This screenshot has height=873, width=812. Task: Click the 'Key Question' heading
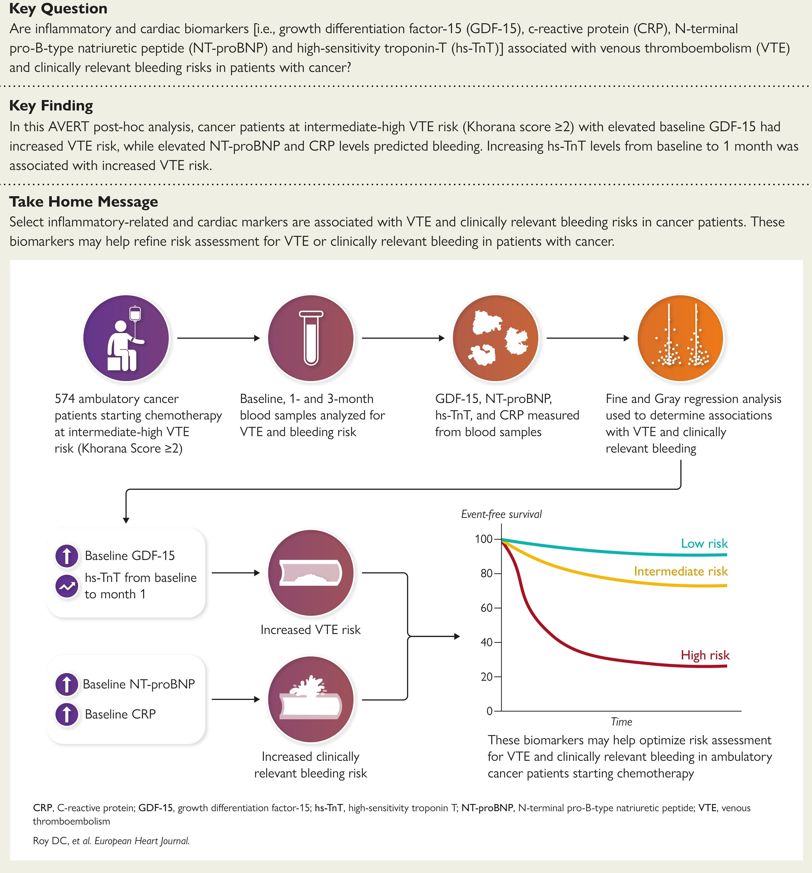point(58,9)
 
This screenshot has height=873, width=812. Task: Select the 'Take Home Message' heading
point(84,202)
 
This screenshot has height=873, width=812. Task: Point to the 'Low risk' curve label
point(704,544)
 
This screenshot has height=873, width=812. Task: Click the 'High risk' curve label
point(705,655)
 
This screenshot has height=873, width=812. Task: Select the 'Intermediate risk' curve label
point(681,571)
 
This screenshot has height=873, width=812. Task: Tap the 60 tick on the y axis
point(487,608)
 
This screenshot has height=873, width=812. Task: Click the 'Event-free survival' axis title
point(501,514)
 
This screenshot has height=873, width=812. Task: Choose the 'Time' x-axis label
point(621,721)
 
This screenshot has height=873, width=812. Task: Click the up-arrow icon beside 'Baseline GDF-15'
point(67,556)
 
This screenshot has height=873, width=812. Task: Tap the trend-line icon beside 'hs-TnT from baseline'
point(67,586)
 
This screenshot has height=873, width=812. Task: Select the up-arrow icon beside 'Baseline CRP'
point(67,714)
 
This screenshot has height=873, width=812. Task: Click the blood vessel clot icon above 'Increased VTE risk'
point(311,573)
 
